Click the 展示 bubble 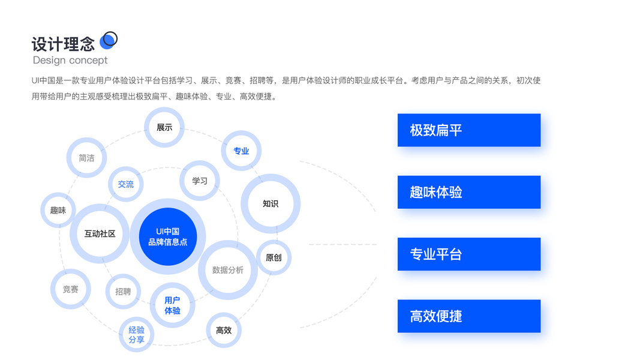click(x=164, y=127)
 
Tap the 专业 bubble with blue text click(x=241, y=151)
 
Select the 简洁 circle click(x=86, y=158)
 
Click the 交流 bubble click(x=126, y=184)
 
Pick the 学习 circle click(x=200, y=181)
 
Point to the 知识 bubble click(x=271, y=203)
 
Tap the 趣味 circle click(x=58, y=210)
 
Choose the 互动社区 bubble click(x=100, y=234)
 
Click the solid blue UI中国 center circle click(x=168, y=236)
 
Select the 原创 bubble click(x=274, y=257)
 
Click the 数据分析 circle click(x=228, y=270)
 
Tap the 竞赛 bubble click(x=71, y=289)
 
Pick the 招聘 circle click(x=123, y=292)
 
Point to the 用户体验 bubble click(x=172, y=305)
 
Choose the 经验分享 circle click(x=136, y=335)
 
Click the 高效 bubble click(x=224, y=330)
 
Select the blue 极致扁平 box click(x=468, y=130)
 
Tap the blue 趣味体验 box click(x=468, y=192)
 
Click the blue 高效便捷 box click(x=468, y=316)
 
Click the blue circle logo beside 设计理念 click(x=108, y=40)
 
